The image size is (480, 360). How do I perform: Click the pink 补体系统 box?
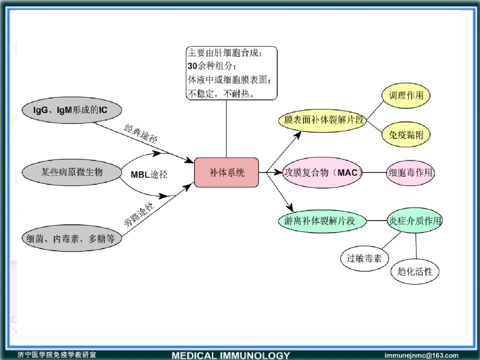pos(226,172)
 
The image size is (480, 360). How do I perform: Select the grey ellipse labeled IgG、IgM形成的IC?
pos(71,111)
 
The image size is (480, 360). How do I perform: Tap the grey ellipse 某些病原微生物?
pos(71,172)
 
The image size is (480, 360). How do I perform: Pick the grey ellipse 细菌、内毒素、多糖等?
pos(71,239)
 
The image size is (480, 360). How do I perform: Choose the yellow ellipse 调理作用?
pos(406,96)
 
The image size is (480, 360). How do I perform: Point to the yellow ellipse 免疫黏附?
pos(406,135)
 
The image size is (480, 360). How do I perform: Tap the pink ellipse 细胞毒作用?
pos(410,173)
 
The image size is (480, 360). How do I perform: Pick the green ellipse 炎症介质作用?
pos(415,221)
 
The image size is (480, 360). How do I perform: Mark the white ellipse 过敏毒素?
pos(364,258)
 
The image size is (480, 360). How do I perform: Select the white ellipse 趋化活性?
pos(415,271)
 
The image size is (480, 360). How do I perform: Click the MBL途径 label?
pos(149,175)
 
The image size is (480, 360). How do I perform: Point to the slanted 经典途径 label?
pos(141,134)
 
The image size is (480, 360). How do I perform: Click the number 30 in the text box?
pos(192,66)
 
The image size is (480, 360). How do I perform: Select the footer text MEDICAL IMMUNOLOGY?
pos(231,355)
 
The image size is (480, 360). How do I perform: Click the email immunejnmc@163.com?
pos(421,355)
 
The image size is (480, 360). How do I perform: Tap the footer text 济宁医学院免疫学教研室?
pos(57,355)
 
